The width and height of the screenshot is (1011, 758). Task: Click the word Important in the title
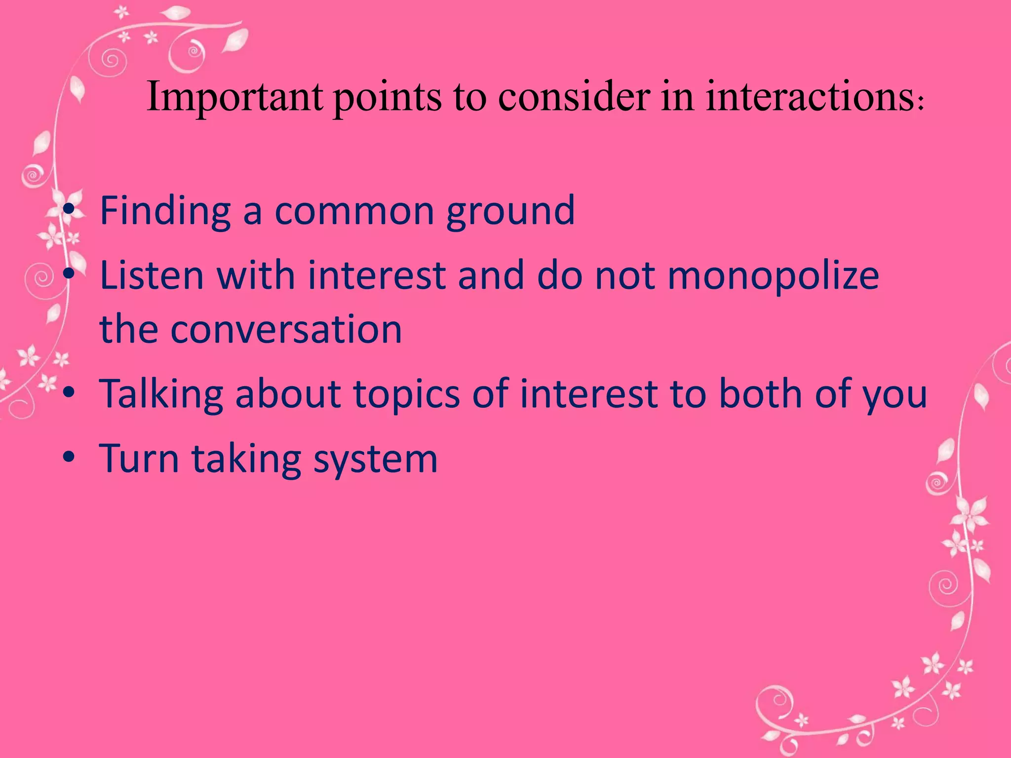234,97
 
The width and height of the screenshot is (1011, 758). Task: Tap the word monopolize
774,275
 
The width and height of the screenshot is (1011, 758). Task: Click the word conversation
286,329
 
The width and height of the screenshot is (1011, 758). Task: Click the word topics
407,394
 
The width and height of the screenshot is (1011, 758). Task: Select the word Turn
139,458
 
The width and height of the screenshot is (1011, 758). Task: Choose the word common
354,211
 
